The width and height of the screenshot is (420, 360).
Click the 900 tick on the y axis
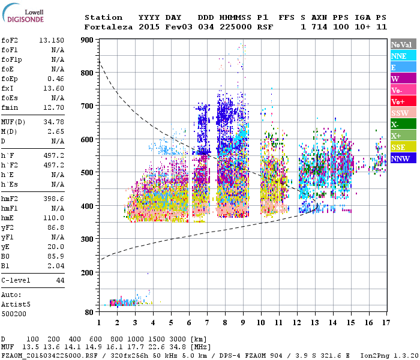[x=88, y=40]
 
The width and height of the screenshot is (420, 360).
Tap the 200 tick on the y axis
[x=88, y=272]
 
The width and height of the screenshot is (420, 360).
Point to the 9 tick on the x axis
[x=243, y=323]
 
